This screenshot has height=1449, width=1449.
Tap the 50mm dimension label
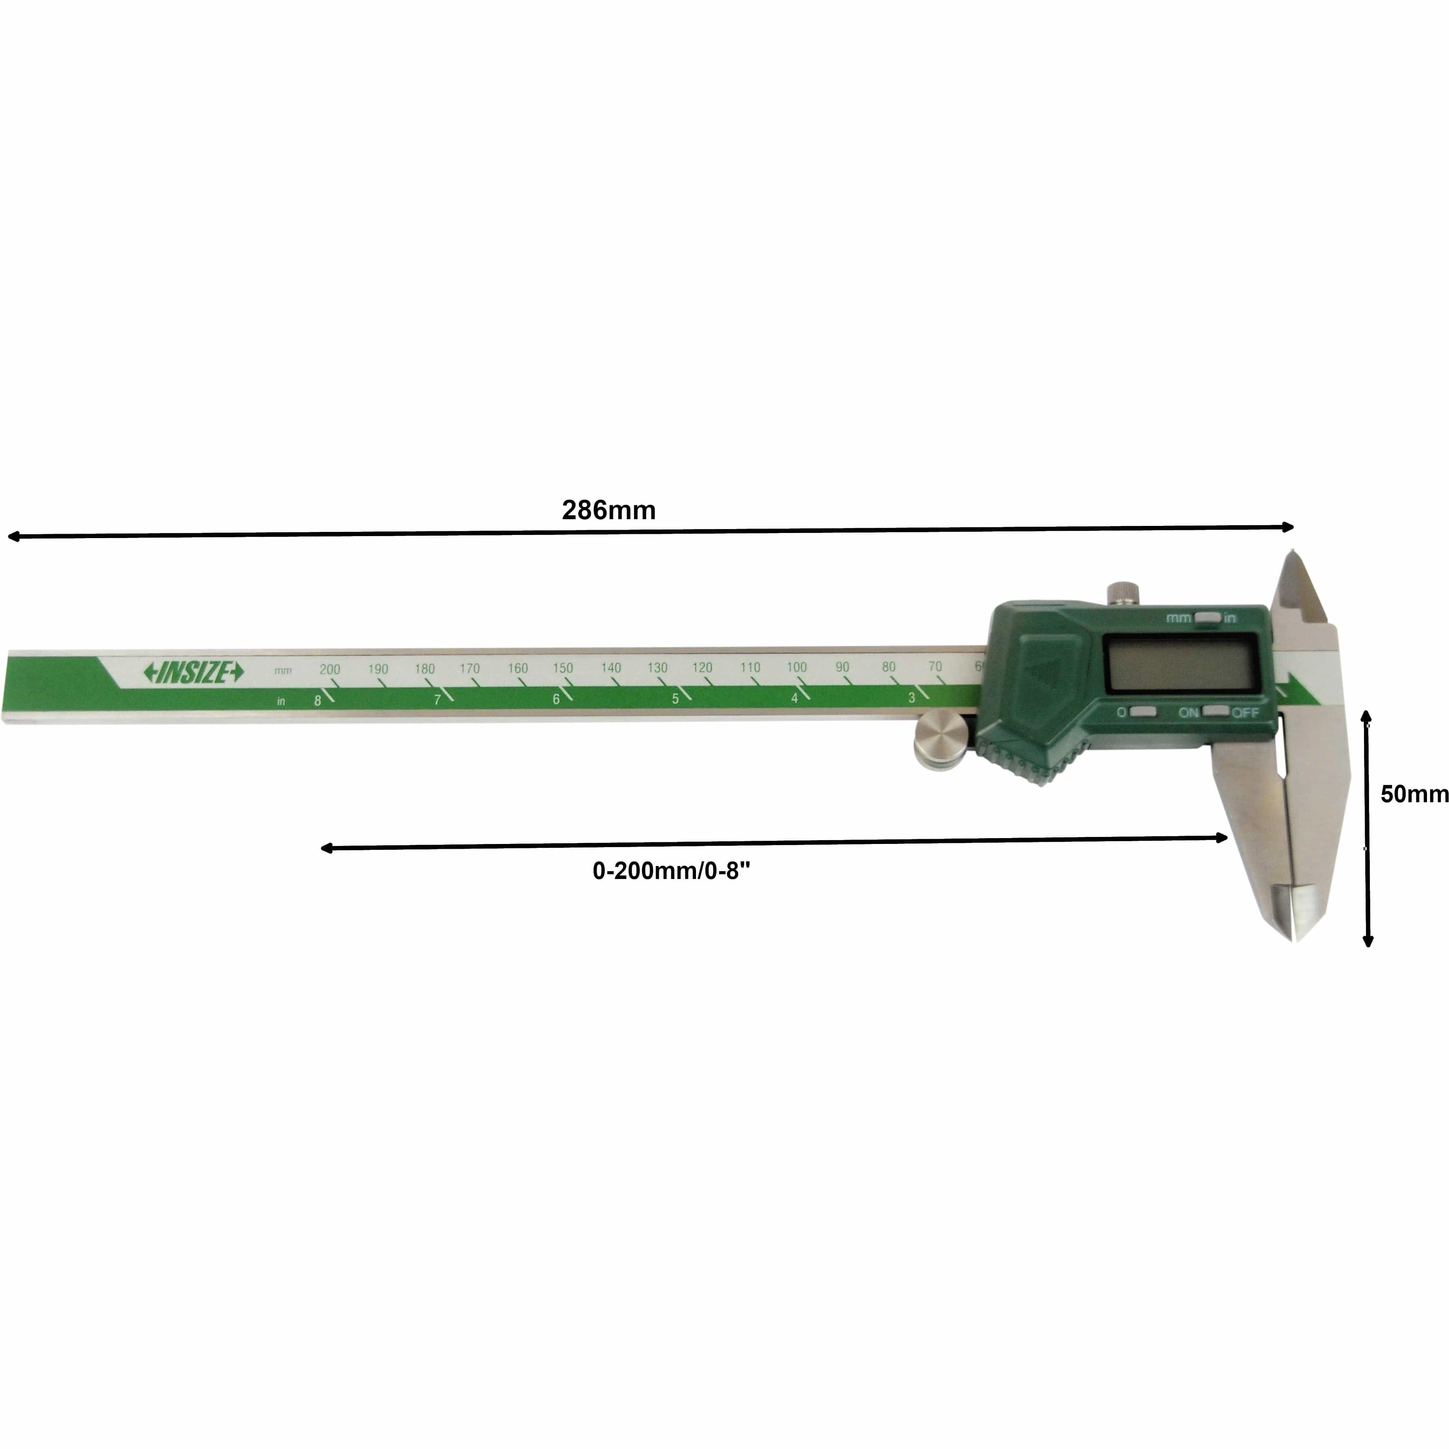[1413, 794]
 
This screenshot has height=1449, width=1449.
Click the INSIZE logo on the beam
[194, 673]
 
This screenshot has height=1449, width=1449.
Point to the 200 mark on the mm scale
[330, 669]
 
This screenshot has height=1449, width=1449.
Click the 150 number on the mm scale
[563, 668]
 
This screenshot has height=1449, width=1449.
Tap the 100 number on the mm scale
[796, 667]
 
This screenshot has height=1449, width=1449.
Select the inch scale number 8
[317, 701]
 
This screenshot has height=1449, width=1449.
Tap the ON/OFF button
[1215, 711]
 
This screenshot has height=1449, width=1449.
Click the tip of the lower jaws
[1295, 938]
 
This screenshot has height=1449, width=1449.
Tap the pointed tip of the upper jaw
[1291, 553]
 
